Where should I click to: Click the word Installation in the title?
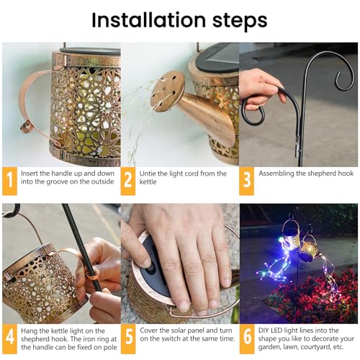[x=149, y=20]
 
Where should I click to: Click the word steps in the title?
[x=240, y=22]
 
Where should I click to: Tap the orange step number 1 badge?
[x=9, y=181]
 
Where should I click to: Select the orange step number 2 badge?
[x=128, y=181]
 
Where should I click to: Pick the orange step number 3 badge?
[x=246, y=181]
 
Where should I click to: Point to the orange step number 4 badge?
[x=9, y=338]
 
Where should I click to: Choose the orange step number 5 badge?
[x=128, y=338]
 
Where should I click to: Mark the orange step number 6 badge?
[x=247, y=338]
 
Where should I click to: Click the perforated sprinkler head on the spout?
[x=167, y=91]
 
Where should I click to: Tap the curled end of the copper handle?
[x=27, y=127]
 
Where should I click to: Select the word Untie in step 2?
[x=147, y=174]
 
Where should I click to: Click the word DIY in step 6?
[x=264, y=330]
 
